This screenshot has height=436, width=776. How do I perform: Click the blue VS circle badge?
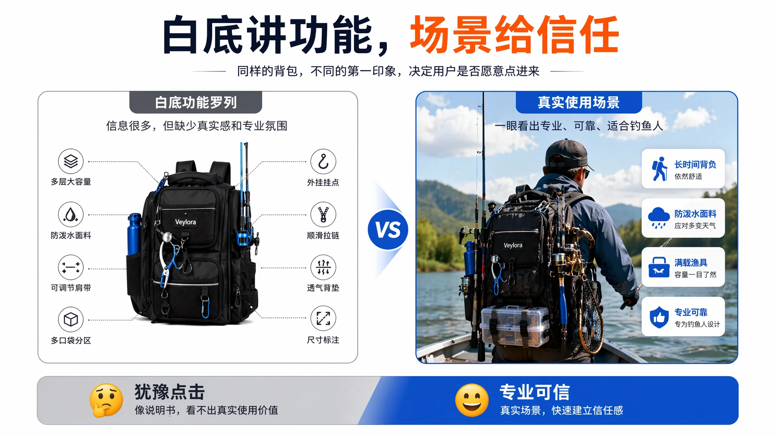coord(388,229)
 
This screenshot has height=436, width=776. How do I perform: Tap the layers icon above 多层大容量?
coord(71,161)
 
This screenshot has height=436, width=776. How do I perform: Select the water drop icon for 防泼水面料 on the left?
coord(71,215)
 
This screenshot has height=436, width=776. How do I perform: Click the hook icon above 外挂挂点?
coord(323,162)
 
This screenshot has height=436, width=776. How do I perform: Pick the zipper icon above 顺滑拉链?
coord(323,215)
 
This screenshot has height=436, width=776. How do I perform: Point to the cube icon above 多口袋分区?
coord(71,320)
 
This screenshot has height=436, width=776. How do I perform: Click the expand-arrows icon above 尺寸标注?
coord(323,318)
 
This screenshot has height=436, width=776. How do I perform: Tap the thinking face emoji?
coord(106,400)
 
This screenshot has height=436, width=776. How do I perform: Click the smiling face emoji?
coord(472,400)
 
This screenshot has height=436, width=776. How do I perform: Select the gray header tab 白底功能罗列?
coord(196,102)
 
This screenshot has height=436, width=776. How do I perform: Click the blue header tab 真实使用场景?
coord(579,102)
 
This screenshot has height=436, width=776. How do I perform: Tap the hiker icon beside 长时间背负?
coord(659,169)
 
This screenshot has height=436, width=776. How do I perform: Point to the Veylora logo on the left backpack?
coord(185,222)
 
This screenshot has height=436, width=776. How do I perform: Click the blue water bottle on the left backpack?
coord(134,234)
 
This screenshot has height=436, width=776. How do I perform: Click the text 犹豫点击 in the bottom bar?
coord(169,392)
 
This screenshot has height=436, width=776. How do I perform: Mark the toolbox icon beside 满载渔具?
coord(659,267)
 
